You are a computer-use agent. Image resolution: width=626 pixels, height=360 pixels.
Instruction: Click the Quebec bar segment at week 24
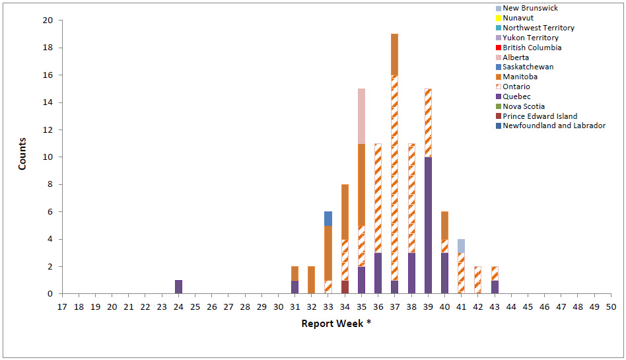(178, 287)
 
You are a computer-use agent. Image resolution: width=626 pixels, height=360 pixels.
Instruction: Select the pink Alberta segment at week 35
(361, 116)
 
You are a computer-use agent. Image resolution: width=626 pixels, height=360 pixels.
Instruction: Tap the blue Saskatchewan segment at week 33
(328, 218)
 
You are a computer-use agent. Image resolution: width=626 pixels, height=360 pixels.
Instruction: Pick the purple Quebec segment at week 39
(428, 225)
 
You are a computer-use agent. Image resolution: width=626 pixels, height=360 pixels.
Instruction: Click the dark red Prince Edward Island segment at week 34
(345, 287)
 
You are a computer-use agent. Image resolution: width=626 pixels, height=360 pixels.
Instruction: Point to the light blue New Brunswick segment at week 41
(461, 246)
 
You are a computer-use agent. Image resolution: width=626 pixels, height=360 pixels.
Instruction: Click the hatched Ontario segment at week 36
(378, 198)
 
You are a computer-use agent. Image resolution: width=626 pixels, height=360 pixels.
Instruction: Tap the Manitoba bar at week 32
(312, 280)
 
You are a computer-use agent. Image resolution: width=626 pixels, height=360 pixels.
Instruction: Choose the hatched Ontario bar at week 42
(477, 280)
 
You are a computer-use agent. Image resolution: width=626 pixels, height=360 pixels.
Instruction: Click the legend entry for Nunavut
(518, 18)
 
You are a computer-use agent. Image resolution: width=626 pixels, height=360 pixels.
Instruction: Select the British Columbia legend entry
(532, 48)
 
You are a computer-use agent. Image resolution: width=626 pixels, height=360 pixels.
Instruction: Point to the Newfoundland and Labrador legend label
(553, 126)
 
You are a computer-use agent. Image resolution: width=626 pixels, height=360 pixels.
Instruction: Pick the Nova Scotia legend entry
(524, 106)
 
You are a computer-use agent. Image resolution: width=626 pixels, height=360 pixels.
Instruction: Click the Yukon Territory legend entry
(530, 38)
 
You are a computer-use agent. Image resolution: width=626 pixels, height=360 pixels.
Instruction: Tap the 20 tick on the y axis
(48, 20)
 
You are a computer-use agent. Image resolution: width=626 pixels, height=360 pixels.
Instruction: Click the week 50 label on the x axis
(611, 306)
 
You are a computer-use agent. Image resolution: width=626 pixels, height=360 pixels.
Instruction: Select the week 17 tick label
(62, 306)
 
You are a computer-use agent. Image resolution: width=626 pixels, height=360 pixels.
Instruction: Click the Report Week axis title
(332, 324)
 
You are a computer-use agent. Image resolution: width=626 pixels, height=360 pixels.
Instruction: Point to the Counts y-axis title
(22, 154)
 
